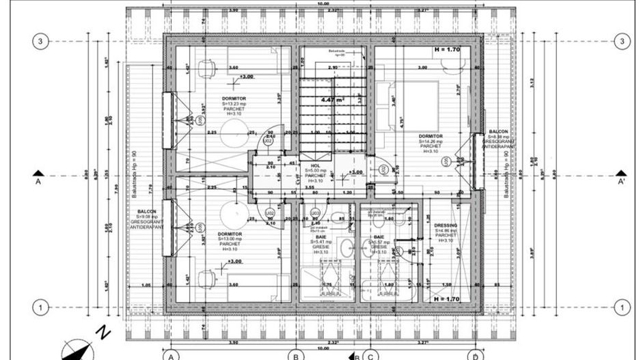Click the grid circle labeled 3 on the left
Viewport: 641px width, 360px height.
(40, 42)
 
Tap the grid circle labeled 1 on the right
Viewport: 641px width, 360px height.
(621, 308)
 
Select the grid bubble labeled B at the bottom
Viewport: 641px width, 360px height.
(295, 355)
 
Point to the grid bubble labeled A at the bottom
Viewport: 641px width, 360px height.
(171, 355)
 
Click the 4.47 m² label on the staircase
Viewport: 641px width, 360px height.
(333, 100)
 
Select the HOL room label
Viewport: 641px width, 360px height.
(315, 166)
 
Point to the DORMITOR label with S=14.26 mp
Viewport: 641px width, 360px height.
(431, 136)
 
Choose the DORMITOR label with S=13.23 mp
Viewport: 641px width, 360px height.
(233, 99)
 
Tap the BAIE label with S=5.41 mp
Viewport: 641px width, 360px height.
(321, 237)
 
